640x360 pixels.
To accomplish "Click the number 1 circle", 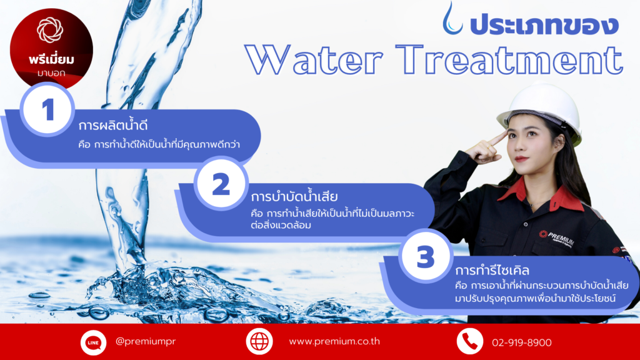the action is pyautogui.click(x=47, y=109).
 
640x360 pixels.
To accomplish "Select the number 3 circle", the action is pyautogui.click(x=426, y=256).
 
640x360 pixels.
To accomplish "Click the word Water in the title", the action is pyautogui.click(x=314, y=60).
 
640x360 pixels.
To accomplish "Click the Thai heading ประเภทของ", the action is pyautogui.click(x=544, y=24).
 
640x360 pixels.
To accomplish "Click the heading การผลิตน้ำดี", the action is pyautogui.click(x=112, y=124).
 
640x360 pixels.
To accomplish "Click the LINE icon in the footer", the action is pyautogui.click(x=93, y=342).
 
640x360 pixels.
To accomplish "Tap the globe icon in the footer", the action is pyautogui.click(x=259, y=341).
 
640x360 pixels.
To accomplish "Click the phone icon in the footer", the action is pyautogui.click(x=470, y=341).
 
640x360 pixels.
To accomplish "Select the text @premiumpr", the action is pyautogui.click(x=146, y=341).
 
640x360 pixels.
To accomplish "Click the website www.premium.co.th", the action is pyautogui.click(x=334, y=341).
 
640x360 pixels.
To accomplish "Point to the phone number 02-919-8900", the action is pyautogui.click(x=522, y=342).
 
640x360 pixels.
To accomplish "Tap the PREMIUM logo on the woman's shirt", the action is pyautogui.click(x=557, y=238).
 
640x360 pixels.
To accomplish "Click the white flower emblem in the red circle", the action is pyautogui.click(x=50, y=30).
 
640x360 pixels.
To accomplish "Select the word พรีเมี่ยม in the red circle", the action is pyautogui.click(x=51, y=59).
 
